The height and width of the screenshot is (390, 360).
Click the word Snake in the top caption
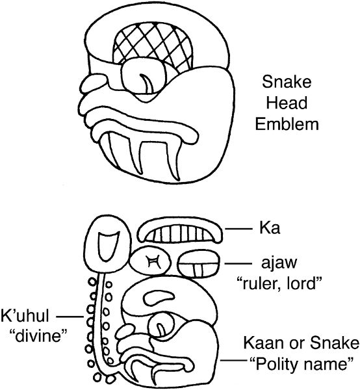pyautogui.click(x=287, y=82)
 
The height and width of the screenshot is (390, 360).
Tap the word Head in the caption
pyautogui.click(x=287, y=103)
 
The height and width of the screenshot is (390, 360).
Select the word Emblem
pyautogui.click(x=287, y=124)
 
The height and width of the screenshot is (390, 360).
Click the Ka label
pyautogui.click(x=270, y=228)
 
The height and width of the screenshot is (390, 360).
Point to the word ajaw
pyautogui.click(x=279, y=263)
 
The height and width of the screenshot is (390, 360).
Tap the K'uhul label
pyautogui.click(x=25, y=316)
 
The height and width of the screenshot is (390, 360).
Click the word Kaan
pyautogui.click(x=261, y=343)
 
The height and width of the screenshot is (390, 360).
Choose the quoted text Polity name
pyautogui.click(x=301, y=364)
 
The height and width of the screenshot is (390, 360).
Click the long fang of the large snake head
pyautogui.click(x=174, y=159)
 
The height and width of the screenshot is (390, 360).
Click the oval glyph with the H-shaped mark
pyautogui.click(x=151, y=262)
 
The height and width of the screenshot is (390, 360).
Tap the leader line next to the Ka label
pyautogui.click(x=238, y=229)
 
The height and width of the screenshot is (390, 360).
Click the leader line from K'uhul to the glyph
pyautogui.click(x=70, y=317)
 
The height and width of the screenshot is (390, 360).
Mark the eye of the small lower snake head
pyautogui.click(x=161, y=326)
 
